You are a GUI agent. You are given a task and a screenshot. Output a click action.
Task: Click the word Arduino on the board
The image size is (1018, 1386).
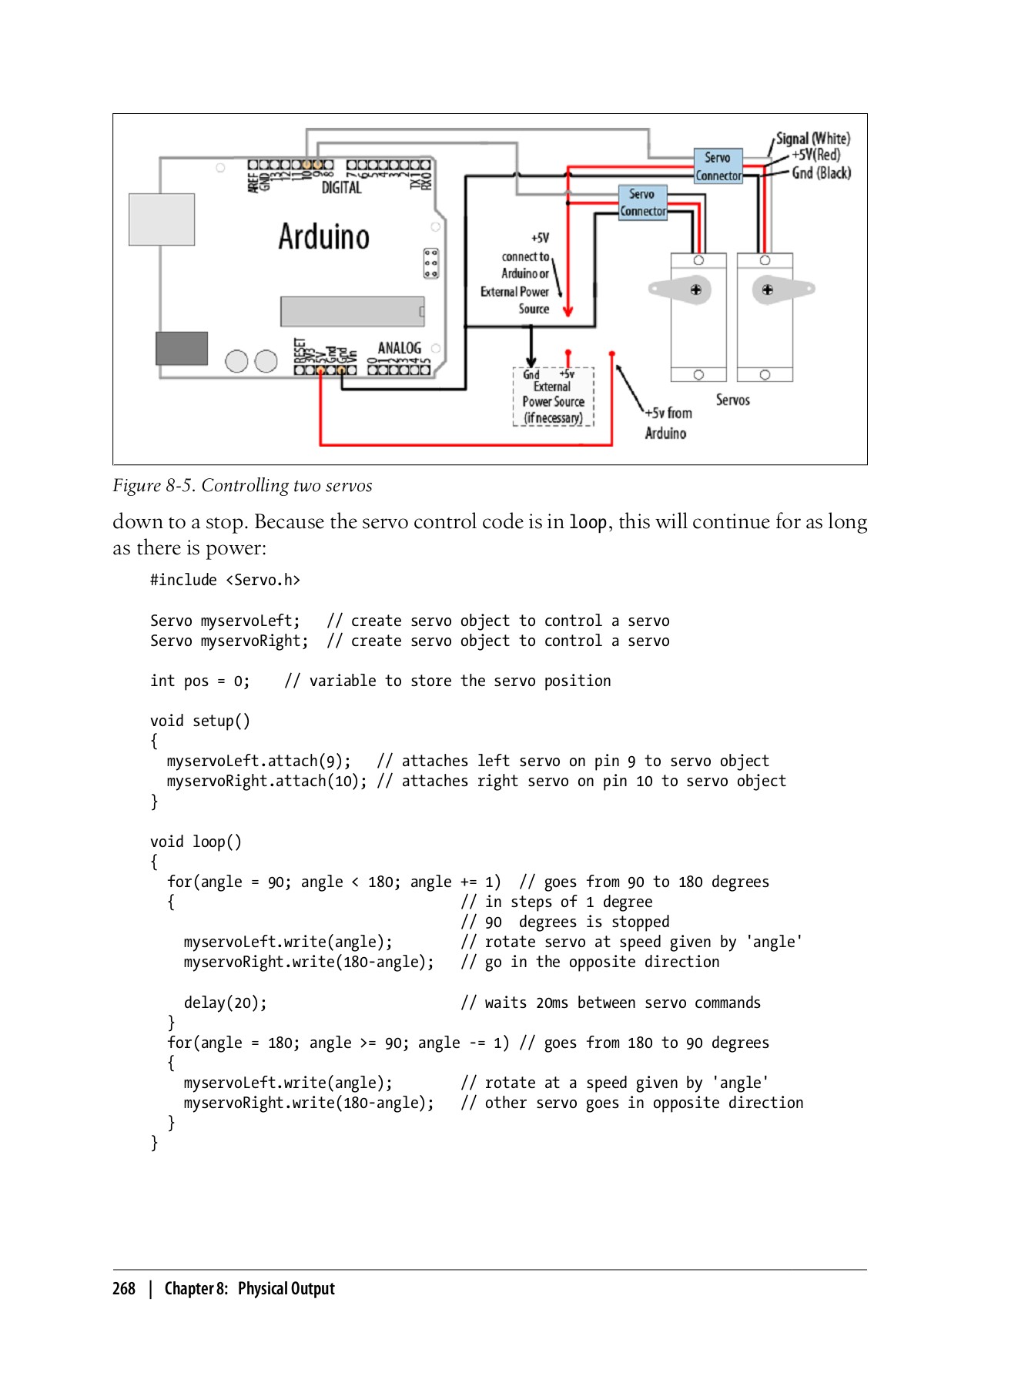click(323, 236)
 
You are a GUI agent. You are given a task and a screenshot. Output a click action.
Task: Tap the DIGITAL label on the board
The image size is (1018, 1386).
click(341, 187)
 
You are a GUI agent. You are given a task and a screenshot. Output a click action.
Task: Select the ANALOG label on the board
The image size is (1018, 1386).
click(399, 348)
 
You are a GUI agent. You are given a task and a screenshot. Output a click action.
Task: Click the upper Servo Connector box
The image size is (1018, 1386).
click(718, 166)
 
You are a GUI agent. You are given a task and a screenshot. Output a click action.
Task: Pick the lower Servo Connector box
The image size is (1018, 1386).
click(642, 203)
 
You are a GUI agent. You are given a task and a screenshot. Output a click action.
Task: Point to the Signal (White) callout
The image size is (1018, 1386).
click(812, 139)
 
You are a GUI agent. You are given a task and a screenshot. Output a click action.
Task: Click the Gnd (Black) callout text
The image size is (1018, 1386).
click(821, 173)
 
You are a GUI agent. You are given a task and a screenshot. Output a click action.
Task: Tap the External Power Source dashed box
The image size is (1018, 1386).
click(553, 396)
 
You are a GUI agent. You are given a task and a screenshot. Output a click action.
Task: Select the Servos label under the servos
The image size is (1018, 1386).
click(732, 400)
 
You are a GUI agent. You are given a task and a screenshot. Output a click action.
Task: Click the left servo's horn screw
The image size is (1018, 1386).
click(695, 290)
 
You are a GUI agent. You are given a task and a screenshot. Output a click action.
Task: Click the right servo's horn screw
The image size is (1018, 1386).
click(767, 290)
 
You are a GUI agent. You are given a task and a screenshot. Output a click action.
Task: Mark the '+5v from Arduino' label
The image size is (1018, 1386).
click(667, 423)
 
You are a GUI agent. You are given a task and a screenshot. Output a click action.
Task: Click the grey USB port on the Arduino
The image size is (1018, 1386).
click(162, 219)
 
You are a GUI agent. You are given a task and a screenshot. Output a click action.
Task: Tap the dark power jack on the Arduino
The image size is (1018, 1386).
click(182, 348)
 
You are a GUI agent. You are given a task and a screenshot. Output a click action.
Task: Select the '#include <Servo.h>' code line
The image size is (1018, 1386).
click(225, 580)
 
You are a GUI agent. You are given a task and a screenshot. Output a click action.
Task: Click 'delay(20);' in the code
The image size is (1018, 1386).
click(225, 1003)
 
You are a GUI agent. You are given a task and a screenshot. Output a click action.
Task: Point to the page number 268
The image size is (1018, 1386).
click(124, 1288)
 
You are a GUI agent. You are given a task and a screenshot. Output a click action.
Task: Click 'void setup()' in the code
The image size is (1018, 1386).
click(200, 721)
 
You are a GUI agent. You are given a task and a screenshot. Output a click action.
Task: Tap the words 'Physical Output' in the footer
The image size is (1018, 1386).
click(286, 1288)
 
